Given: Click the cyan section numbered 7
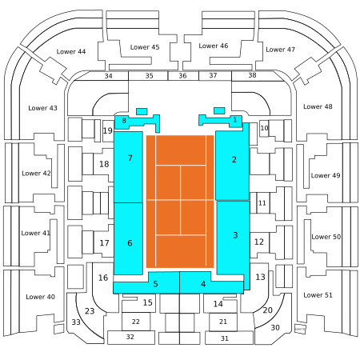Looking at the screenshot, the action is coord(128,167).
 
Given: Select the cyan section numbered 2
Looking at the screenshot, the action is coord(232,166).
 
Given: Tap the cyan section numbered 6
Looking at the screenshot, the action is coord(128,238).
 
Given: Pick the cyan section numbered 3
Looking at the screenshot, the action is coord(234,238).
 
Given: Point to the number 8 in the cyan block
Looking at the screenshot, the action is coord(124,121).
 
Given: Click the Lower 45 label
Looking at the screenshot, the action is coord(145,47).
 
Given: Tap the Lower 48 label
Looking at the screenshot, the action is coord(318,106).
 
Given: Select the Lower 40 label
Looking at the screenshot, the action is coord(40,297).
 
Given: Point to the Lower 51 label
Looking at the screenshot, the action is coord(318,295).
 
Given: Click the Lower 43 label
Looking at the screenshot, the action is coord(42,108).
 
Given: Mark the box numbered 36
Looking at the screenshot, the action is coord(183,76).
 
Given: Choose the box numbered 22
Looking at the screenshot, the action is coord(136,322).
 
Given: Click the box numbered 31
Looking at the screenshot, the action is coord(229,338).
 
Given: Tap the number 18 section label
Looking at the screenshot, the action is coord(104,164).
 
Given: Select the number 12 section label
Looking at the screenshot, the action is coord(259,242).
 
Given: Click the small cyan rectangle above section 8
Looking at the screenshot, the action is coord(142,111).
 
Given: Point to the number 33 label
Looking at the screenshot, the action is coord(76,322).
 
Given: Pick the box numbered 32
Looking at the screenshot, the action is coord(131,338).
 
